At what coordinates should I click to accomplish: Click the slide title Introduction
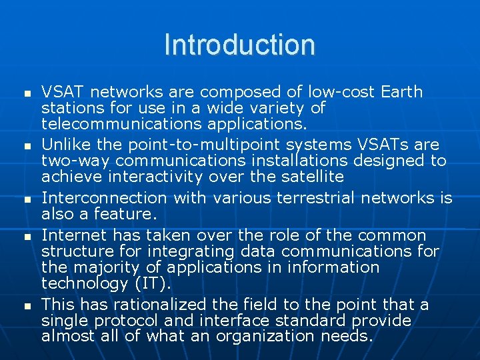pyautogui.click(x=239, y=45)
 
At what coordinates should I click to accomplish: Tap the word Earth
pyautogui.click(x=401, y=91)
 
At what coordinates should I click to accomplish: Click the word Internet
pyautogui.click(x=74, y=235)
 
